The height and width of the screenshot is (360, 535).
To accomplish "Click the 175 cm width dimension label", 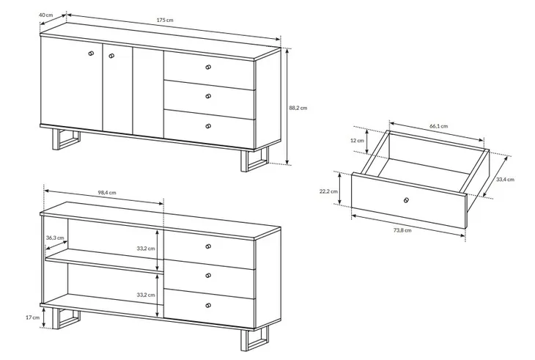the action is (165, 20).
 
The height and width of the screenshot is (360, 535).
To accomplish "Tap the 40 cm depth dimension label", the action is (46, 15).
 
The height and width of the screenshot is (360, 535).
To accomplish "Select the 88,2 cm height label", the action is (298, 108).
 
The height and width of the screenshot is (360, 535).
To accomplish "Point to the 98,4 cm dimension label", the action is (107, 192).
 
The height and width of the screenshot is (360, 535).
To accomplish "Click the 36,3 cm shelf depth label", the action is (55, 238).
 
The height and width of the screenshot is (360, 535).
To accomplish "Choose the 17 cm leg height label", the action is (33, 317).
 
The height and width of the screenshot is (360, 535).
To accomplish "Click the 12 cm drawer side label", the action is (357, 141).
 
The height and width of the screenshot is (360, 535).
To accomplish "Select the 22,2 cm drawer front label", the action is (328, 191).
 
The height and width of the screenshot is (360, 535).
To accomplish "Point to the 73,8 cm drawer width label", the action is (402, 230).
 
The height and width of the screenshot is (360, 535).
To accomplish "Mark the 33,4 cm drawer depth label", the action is (505, 180).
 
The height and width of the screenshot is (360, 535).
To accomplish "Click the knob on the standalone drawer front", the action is (406, 200).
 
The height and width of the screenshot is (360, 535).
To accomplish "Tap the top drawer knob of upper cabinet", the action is (208, 67).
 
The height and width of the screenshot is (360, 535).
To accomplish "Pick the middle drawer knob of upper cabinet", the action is (208, 97).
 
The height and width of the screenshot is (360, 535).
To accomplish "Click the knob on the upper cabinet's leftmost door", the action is (91, 54).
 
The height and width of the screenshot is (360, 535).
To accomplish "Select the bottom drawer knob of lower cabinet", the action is (208, 305).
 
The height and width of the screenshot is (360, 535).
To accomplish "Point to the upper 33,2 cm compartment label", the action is (146, 249).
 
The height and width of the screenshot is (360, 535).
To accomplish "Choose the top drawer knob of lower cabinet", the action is (208, 246).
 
